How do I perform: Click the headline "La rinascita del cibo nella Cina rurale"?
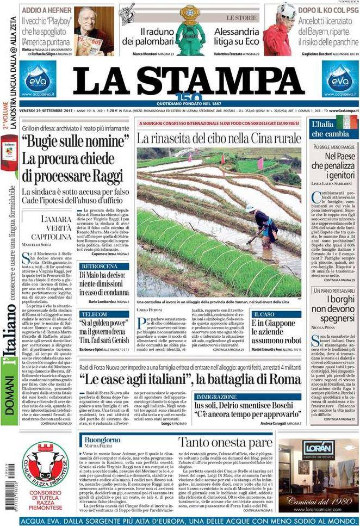219,139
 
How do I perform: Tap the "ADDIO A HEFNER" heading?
47,10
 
